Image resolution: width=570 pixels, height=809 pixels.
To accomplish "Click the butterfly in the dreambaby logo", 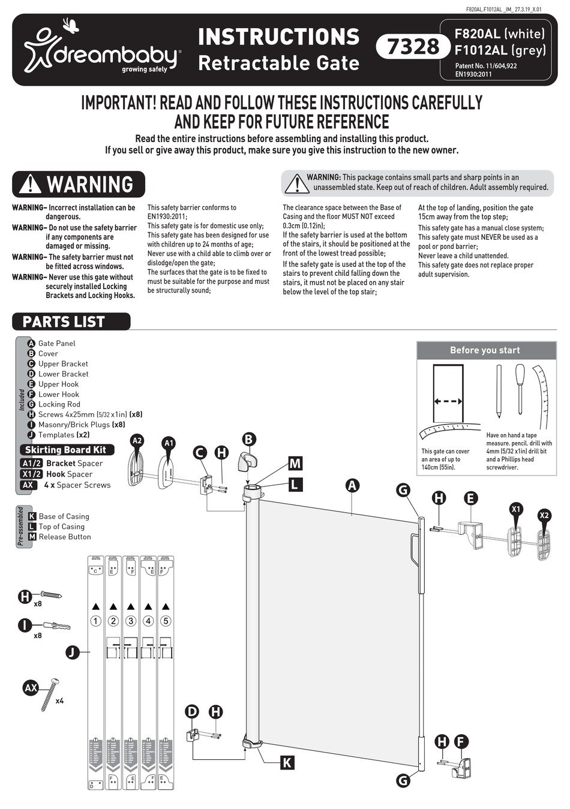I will tap(71, 26).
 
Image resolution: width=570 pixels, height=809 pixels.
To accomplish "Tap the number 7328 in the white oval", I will tap(413, 46).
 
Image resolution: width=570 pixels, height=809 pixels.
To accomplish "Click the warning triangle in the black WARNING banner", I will tap(30, 184).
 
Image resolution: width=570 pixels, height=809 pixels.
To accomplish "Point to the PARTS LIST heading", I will tap(64, 322).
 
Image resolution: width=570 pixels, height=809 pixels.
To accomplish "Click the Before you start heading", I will tap(485, 350).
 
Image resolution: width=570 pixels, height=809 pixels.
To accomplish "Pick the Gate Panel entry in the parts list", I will tap(56, 343).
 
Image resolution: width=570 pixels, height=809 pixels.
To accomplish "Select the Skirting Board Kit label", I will tap(65, 450).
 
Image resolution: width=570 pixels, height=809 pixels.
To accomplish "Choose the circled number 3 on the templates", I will tap(131, 621).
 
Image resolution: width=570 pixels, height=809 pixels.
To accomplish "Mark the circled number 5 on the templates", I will tap(166, 621).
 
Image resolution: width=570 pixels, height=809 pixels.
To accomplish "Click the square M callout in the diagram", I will tap(295, 463).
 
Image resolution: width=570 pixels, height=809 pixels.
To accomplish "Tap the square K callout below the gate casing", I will tap(287, 762).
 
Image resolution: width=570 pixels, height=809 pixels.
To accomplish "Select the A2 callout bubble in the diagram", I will tap(137, 441).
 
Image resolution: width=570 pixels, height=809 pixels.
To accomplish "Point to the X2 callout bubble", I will tap(544, 515).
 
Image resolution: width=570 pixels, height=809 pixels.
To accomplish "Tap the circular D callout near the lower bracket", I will tap(192, 712).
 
